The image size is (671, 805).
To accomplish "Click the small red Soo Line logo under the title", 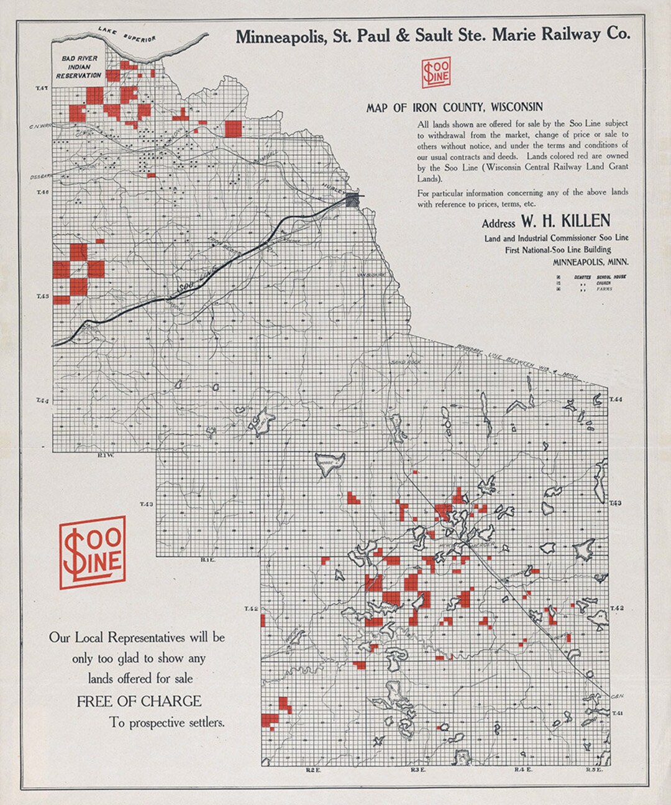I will coord(436,73).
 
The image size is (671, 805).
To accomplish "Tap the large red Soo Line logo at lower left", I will coord(93,552).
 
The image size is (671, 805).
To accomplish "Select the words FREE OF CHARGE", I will coord(139,701).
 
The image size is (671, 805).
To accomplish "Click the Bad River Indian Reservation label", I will coord(79,67).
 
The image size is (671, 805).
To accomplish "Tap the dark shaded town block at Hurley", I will coord(353,199).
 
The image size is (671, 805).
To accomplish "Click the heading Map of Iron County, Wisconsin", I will coord(454,107).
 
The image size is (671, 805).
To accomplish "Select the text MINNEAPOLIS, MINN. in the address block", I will coord(590,262).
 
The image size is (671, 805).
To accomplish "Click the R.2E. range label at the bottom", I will coord(312,770).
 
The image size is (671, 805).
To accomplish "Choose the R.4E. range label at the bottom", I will coord(521,770).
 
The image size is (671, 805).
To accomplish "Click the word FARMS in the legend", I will coord(604,289).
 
